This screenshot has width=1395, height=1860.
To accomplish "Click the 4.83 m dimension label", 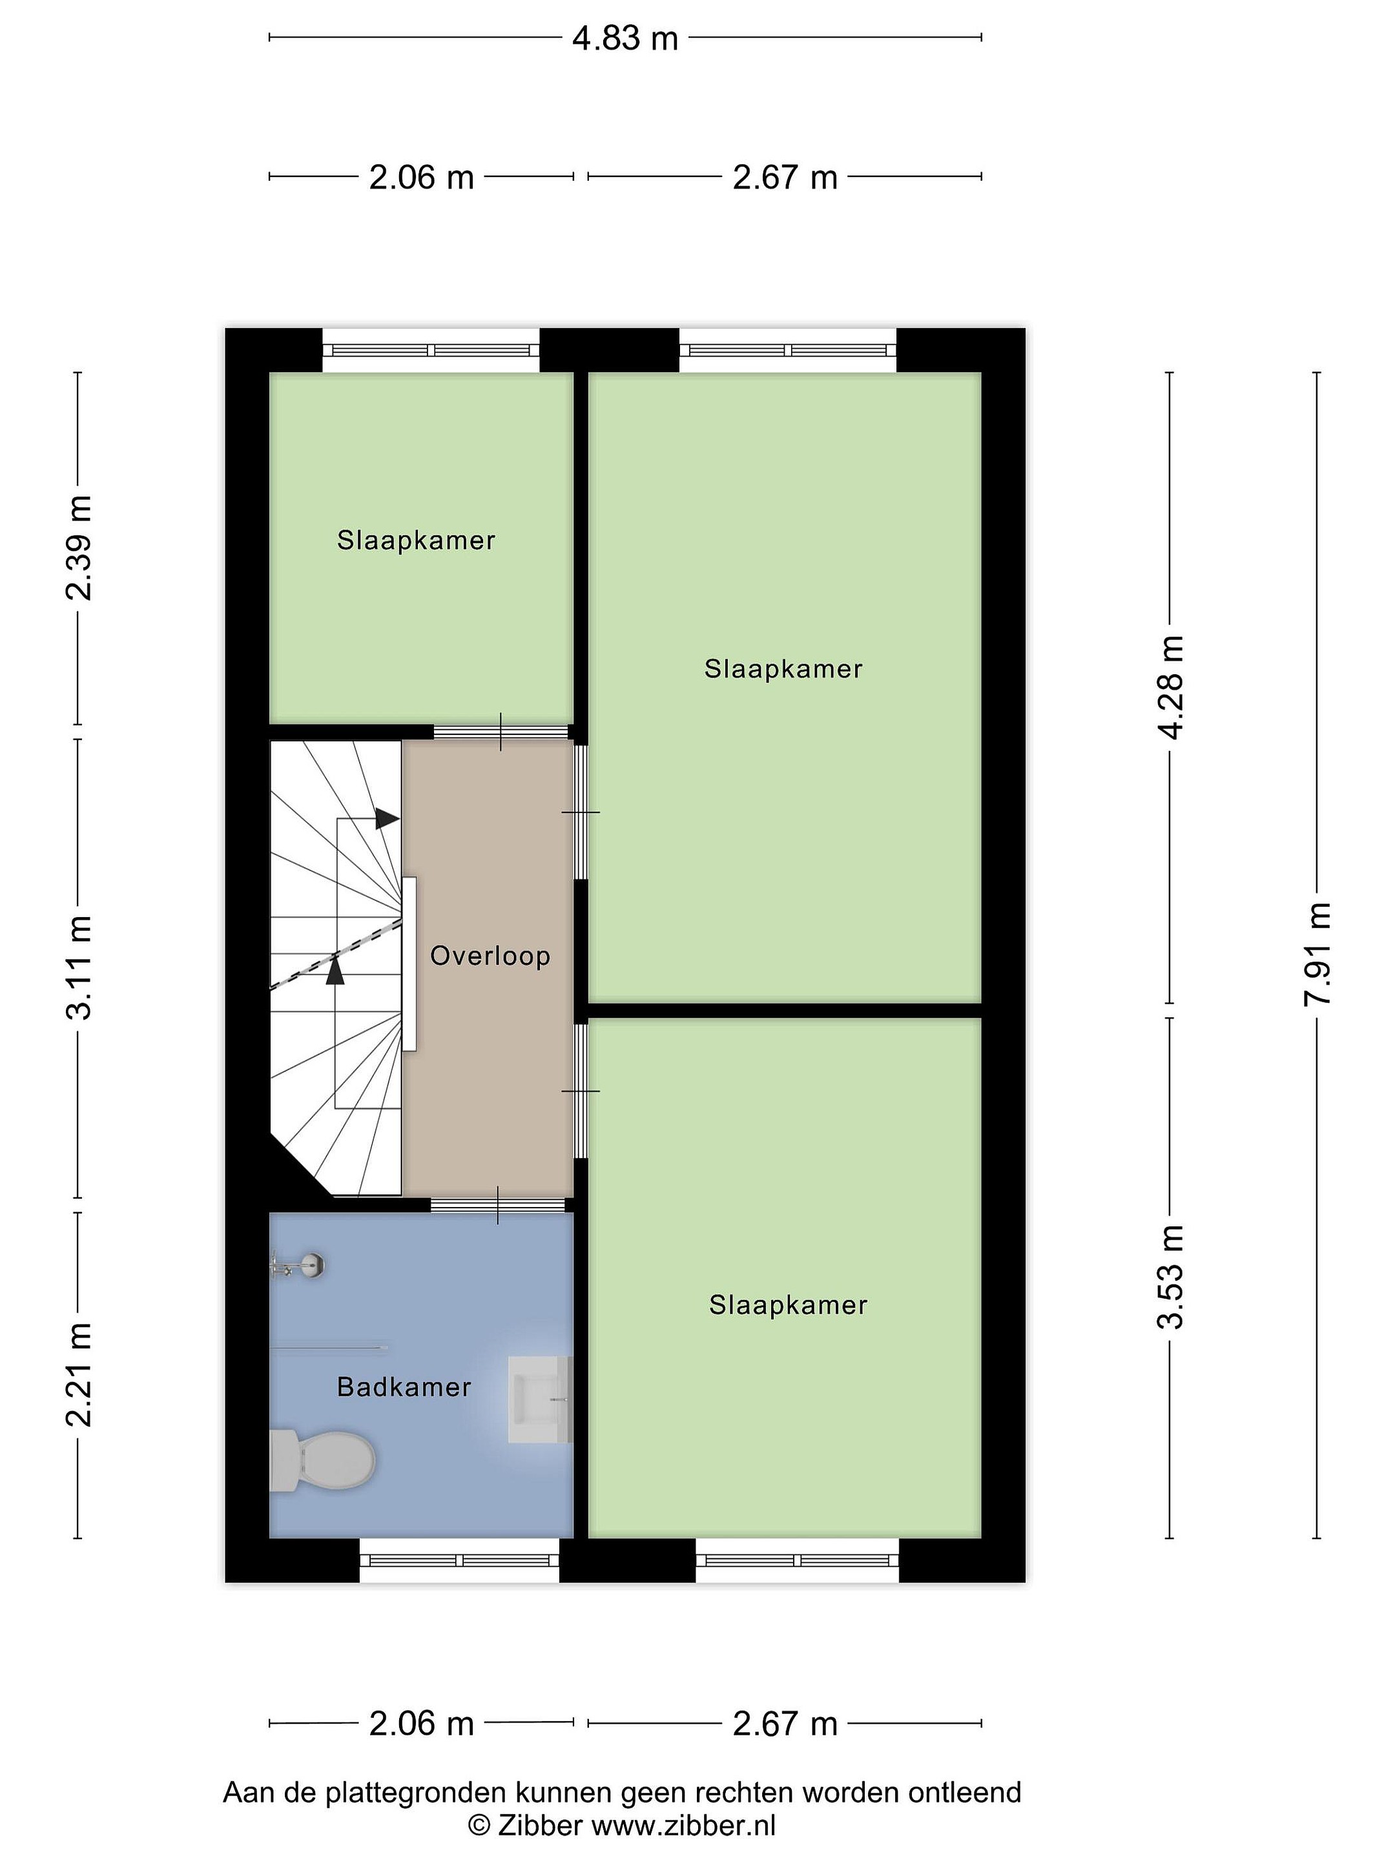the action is [x=625, y=39].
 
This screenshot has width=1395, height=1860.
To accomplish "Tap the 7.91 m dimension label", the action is [x=1317, y=953].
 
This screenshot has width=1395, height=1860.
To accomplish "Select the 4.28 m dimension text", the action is [x=1170, y=687].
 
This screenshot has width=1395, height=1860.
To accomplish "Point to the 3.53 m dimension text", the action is [x=1170, y=1276].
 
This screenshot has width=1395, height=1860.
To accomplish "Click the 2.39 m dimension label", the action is [x=78, y=548].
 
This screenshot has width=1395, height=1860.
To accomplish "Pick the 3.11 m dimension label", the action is [x=78, y=968].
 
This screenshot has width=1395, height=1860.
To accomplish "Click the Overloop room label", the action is [x=490, y=955].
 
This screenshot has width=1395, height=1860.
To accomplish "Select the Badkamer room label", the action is [x=404, y=1387].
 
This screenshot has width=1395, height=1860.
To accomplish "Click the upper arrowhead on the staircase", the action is [x=387, y=818].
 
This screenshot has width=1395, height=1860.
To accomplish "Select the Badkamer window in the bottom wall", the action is [x=460, y=1560].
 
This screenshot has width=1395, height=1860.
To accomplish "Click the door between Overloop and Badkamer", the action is [x=498, y=1205].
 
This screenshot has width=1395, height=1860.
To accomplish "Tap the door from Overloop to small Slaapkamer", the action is [x=501, y=732].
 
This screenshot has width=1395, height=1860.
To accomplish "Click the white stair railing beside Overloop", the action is [x=409, y=964].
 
